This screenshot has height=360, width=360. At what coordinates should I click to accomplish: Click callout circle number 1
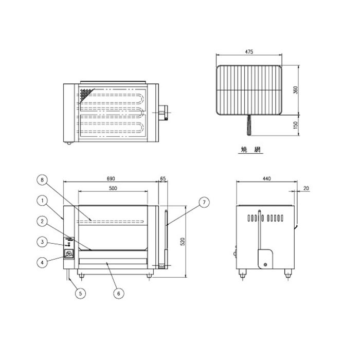(42, 201)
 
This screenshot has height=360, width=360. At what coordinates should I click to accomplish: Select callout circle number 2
(42, 221)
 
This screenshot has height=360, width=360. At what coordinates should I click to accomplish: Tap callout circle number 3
(42, 242)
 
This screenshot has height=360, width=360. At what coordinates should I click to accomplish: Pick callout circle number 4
(42, 262)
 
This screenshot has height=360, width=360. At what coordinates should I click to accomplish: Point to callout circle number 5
(80, 293)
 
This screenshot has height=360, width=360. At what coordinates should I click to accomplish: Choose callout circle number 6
(119, 293)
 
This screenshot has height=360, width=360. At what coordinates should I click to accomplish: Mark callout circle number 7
(204, 202)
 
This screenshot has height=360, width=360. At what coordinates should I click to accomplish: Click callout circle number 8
(42, 180)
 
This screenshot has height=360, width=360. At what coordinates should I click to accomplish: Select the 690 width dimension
(111, 178)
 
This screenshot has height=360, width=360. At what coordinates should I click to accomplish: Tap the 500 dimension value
(113, 188)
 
